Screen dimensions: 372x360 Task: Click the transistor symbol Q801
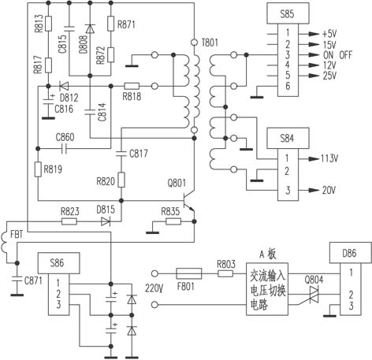(x=190, y=201)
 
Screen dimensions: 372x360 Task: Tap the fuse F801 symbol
(x=189, y=273)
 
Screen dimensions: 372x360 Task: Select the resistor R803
(x=225, y=273)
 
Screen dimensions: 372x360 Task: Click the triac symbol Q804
(x=314, y=295)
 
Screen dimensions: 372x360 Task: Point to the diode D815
(x=106, y=222)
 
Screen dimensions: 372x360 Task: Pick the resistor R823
(x=69, y=222)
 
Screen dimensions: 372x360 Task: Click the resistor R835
(x=173, y=222)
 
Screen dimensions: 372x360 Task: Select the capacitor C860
(x=64, y=149)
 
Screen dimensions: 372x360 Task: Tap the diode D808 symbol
(x=90, y=28)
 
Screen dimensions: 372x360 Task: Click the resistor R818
(x=132, y=86)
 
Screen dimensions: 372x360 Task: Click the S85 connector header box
(x=288, y=13)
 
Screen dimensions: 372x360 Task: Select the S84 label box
(x=288, y=138)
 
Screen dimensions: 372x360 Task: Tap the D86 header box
(x=351, y=253)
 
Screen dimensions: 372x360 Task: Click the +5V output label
(x=329, y=34)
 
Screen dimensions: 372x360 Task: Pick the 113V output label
(x=329, y=158)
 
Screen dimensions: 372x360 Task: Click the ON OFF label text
(x=337, y=55)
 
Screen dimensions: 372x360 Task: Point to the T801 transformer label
(x=210, y=42)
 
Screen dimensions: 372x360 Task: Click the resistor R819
(x=38, y=169)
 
